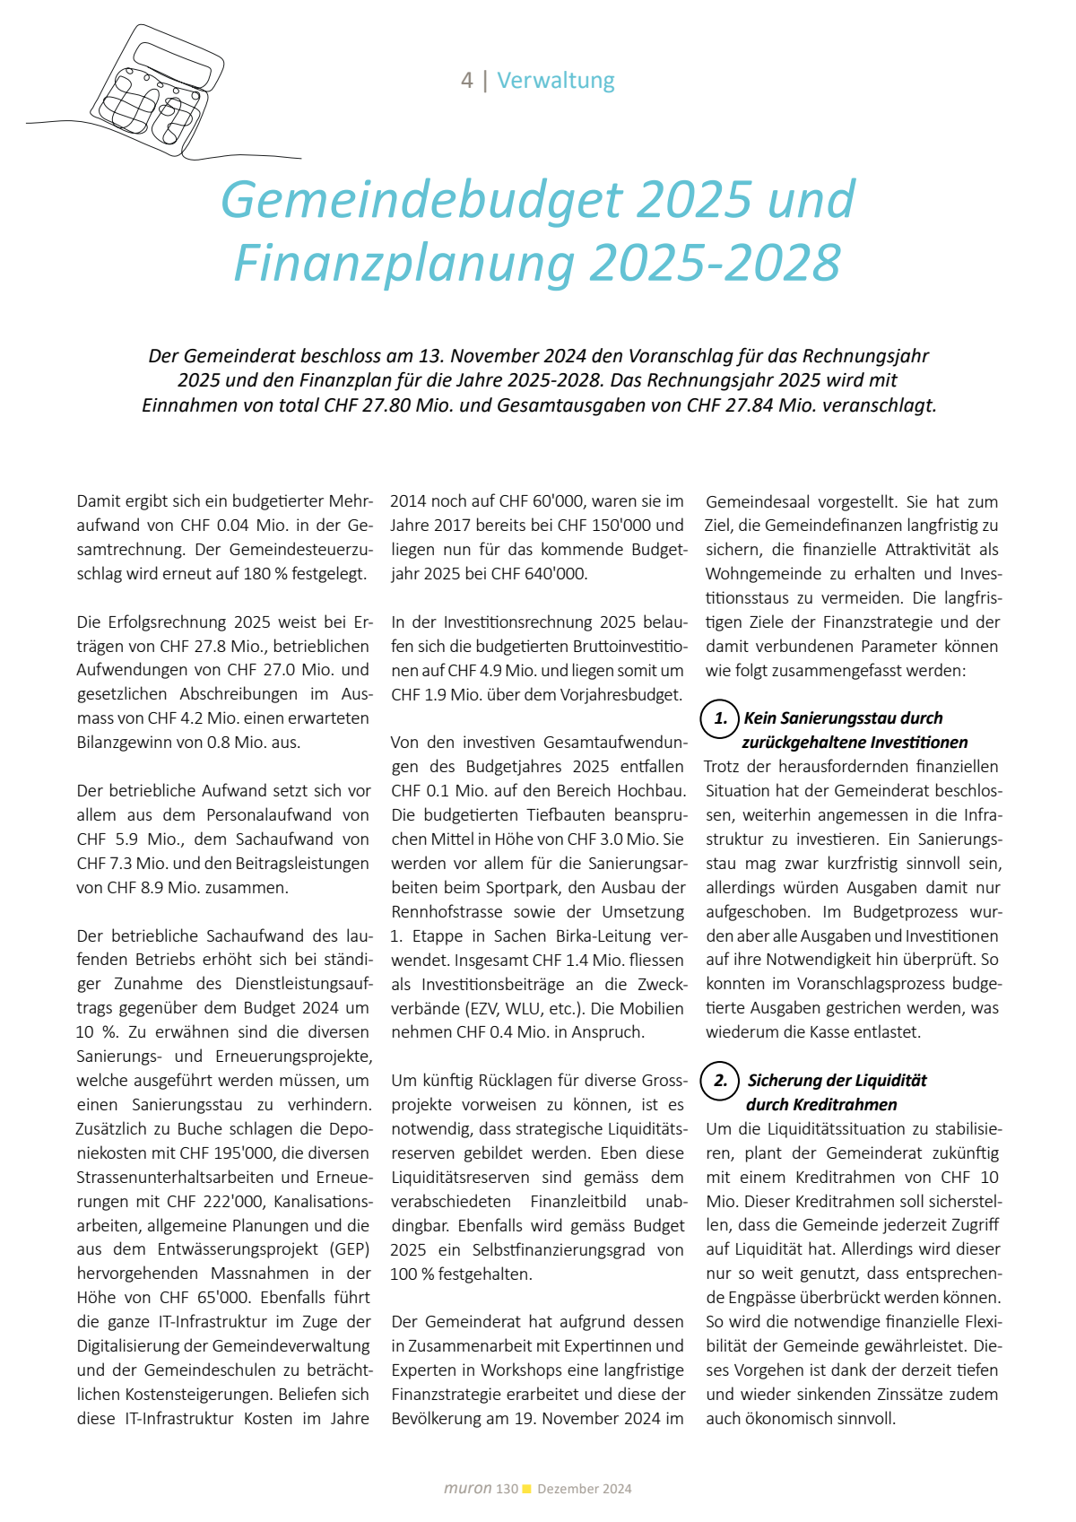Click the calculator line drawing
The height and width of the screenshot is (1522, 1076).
point(157,90)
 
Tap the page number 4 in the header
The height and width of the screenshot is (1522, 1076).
point(466,81)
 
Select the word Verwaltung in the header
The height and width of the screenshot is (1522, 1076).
point(556,81)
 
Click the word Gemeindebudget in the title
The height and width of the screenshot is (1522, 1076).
point(421,199)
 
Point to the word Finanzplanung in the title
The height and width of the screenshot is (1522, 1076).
point(403,263)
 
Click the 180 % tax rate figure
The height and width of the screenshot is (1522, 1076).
point(265,574)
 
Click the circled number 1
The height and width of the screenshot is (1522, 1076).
point(719,719)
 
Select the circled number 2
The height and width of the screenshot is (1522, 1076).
point(719,1081)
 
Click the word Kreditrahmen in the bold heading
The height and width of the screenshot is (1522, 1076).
point(845,1105)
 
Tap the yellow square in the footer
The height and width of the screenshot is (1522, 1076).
point(527,1489)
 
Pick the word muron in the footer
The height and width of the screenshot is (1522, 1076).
point(467,1489)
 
